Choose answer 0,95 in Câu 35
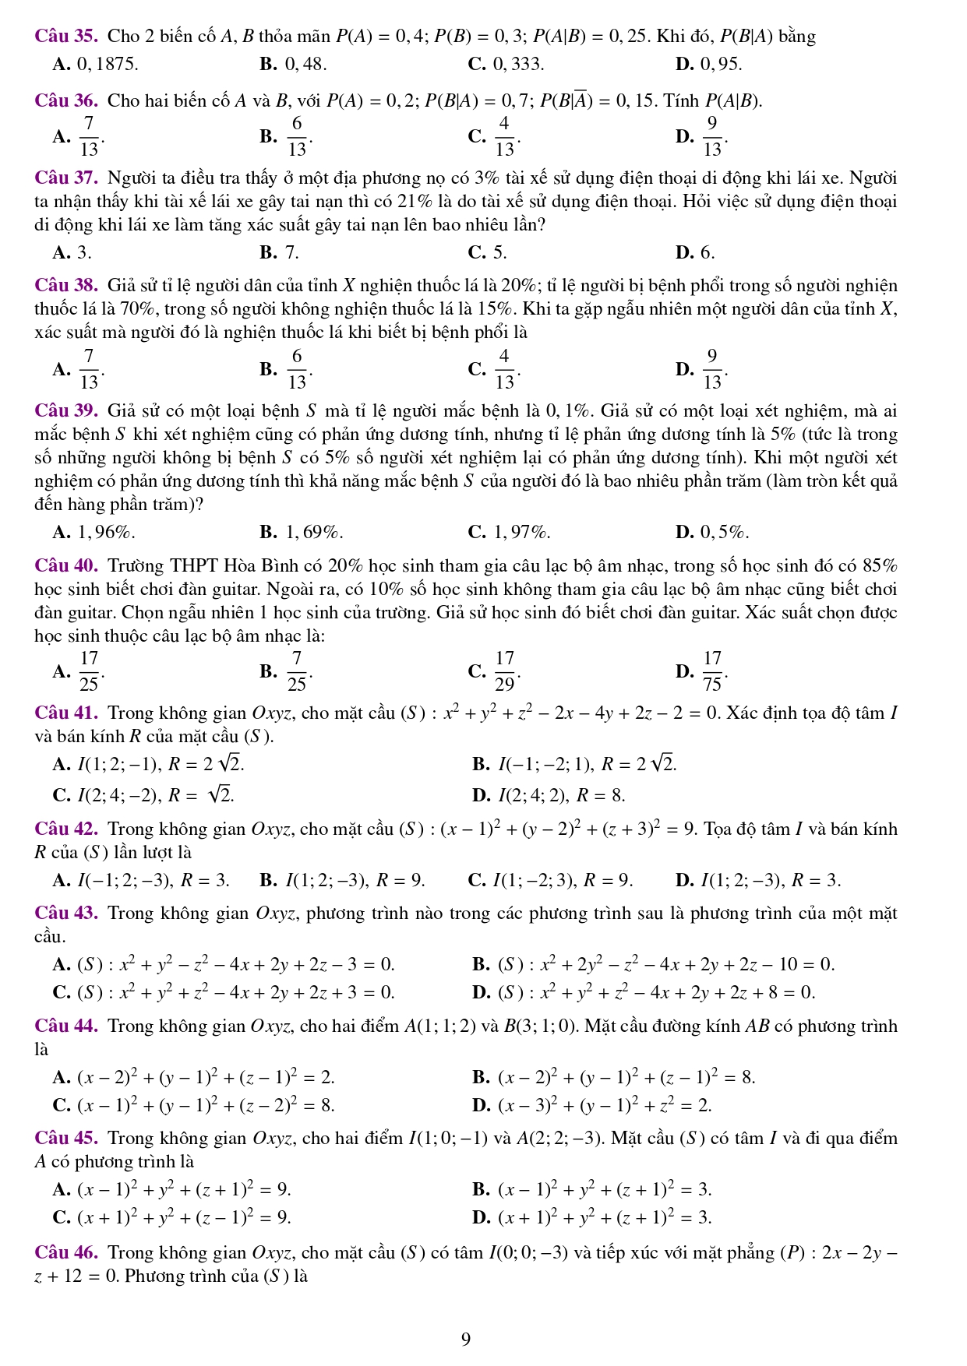point(720,64)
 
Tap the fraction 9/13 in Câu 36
point(711,136)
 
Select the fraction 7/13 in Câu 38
point(89,368)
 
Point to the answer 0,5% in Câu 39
point(724,533)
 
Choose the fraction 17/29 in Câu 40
point(504,671)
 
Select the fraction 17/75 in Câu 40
point(711,671)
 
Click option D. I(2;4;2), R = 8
point(561,795)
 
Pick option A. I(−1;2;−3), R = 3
point(153,881)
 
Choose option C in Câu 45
point(182,1217)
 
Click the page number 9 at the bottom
point(466,1340)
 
